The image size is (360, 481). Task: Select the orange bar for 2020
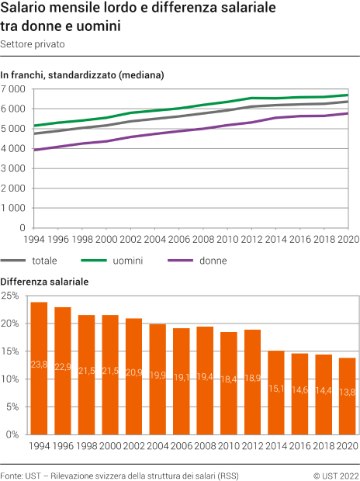(348, 396)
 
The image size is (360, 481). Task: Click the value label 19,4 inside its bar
(205, 375)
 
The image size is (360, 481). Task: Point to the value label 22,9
(63, 366)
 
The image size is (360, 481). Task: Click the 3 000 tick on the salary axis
(13, 168)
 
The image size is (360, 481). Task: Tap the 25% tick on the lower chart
(10, 296)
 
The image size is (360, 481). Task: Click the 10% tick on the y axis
(10, 379)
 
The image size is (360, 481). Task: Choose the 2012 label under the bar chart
(252, 446)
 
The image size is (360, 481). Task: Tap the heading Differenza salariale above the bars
(45, 281)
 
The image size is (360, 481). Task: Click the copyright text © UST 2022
(335, 473)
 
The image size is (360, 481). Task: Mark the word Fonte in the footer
(12, 473)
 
